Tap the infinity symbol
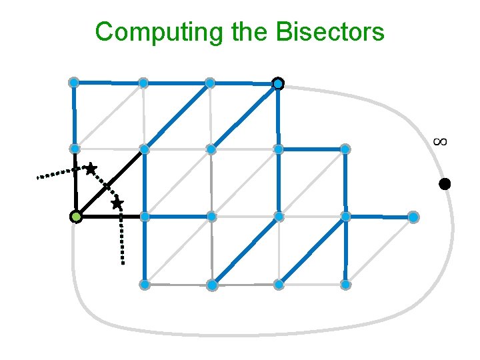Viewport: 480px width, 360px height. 439,141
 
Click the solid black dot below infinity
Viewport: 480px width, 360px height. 445,184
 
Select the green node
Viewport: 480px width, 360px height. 76,217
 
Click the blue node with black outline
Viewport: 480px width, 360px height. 278,84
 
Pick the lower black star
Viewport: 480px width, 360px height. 117,203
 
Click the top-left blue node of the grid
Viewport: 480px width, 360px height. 74,83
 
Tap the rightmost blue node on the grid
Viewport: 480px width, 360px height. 413,217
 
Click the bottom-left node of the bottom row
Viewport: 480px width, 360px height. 144,285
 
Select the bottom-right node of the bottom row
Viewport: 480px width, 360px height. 345,285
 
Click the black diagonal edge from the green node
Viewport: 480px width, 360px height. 110,183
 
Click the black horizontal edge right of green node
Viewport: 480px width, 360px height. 110,217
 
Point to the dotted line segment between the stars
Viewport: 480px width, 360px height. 104,186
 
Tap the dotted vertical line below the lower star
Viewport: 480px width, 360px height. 122,240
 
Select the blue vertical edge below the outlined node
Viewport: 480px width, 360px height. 278,117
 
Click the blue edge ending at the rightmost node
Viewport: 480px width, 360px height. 380,217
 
